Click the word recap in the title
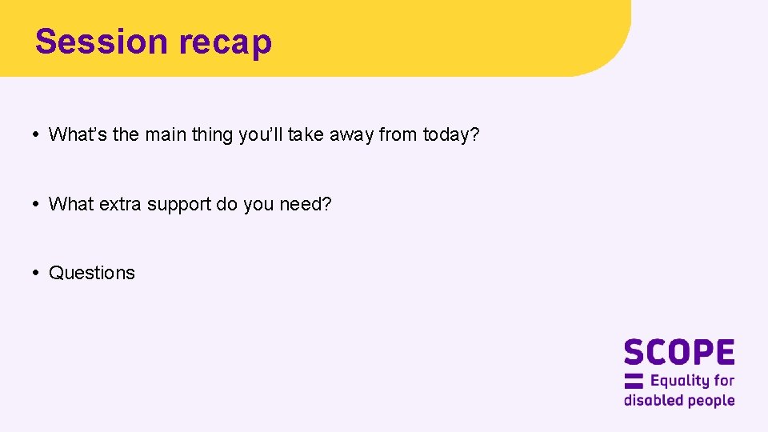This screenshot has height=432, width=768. pos(226,42)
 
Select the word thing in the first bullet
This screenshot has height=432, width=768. pos(212,135)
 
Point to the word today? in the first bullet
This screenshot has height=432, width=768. pos(451,135)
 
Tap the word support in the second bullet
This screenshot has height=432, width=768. pos(181,205)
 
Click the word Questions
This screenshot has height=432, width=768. pos(92,273)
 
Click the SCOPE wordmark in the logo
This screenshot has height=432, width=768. pos(679,353)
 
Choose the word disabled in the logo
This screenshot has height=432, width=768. pos(650,400)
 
